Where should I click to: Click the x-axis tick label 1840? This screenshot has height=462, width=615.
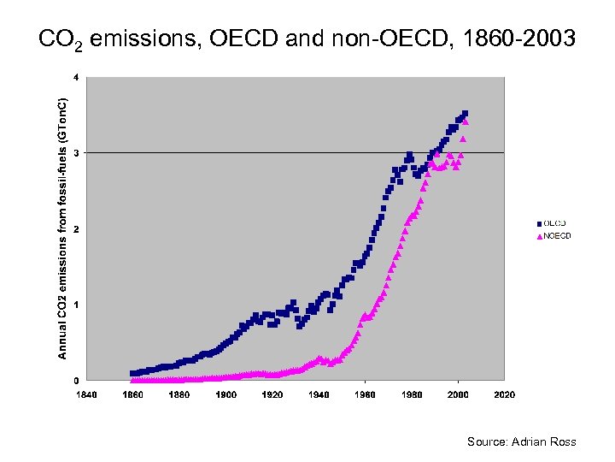click(x=86, y=395)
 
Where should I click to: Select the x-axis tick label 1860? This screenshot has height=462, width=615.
click(x=132, y=395)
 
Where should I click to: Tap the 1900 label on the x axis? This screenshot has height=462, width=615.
click(x=225, y=395)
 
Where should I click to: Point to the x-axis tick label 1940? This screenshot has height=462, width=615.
click(x=319, y=395)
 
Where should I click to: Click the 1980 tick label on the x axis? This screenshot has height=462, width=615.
click(x=412, y=395)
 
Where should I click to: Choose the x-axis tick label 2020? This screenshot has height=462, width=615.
click(x=504, y=395)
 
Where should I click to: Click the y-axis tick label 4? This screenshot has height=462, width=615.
click(x=76, y=78)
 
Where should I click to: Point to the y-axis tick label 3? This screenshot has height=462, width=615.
click(x=76, y=153)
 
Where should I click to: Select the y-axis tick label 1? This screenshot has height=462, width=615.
click(x=76, y=305)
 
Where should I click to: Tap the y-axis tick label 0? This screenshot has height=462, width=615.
click(x=76, y=380)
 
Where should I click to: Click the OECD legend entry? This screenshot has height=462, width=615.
click(x=554, y=224)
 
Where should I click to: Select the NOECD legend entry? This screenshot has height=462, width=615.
click(x=556, y=236)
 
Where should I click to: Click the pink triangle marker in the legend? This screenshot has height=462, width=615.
click(x=539, y=237)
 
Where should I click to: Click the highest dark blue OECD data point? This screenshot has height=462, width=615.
click(x=465, y=113)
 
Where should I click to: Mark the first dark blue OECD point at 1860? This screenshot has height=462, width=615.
click(x=132, y=373)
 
